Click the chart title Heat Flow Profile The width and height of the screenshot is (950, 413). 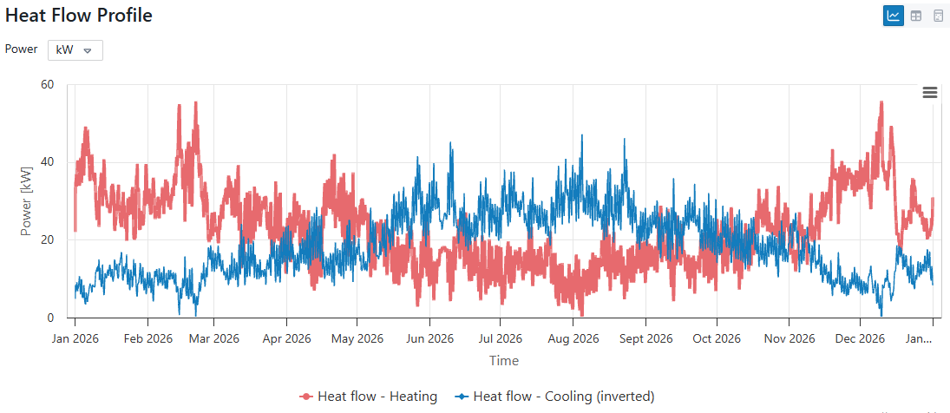(79, 16)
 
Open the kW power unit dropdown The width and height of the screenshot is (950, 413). (75, 50)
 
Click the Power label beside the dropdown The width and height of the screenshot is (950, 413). (21, 49)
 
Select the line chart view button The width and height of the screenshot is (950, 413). (893, 16)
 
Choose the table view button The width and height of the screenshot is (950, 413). (915, 16)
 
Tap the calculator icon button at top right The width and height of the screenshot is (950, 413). (938, 16)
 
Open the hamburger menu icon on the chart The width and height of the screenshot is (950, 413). (929, 93)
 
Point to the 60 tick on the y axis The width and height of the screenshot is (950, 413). (47, 84)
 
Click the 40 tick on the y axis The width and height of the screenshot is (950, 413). (47, 162)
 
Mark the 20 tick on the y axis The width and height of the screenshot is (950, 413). (47, 240)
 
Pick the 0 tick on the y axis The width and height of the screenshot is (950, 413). (50, 318)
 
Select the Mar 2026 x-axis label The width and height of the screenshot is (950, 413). (214, 339)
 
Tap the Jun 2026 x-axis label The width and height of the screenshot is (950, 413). (430, 339)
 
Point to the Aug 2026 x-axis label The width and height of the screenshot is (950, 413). (574, 339)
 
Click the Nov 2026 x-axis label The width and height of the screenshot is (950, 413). (789, 339)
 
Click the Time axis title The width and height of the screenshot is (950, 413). (503, 361)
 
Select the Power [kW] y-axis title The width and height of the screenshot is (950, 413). (26, 201)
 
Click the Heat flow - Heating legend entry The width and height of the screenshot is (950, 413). (369, 397)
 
